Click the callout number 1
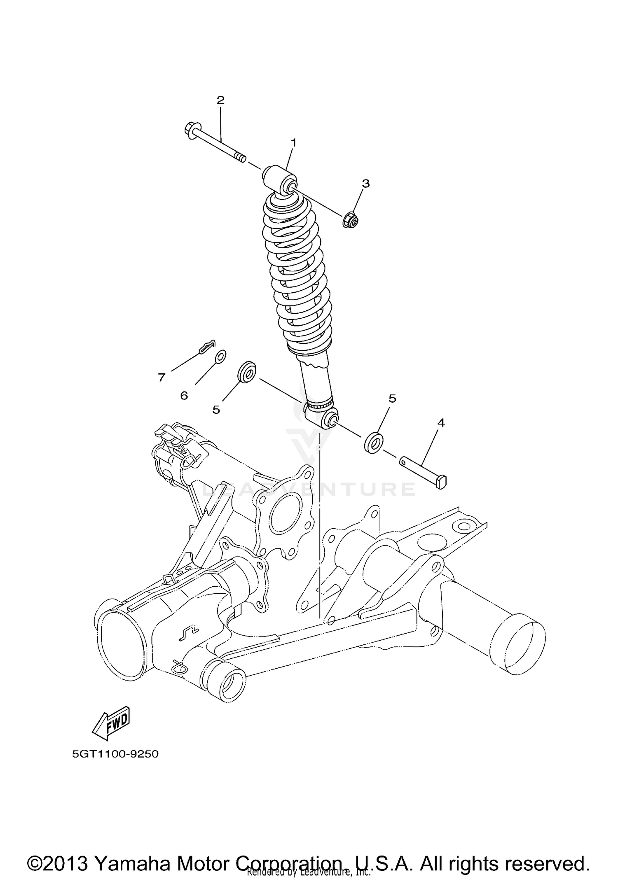click(x=294, y=143)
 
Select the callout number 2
click(x=220, y=100)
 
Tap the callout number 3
click(x=365, y=183)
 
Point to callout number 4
click(x=441, y=423)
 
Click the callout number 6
click(x=184, y=396)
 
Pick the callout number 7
click(x=161, y=377)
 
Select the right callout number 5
click(x=392, y=398)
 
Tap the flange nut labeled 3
click(x=350, y=220)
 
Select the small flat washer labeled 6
click(x=221, y=357)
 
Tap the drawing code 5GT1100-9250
click(x=115, y=754)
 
